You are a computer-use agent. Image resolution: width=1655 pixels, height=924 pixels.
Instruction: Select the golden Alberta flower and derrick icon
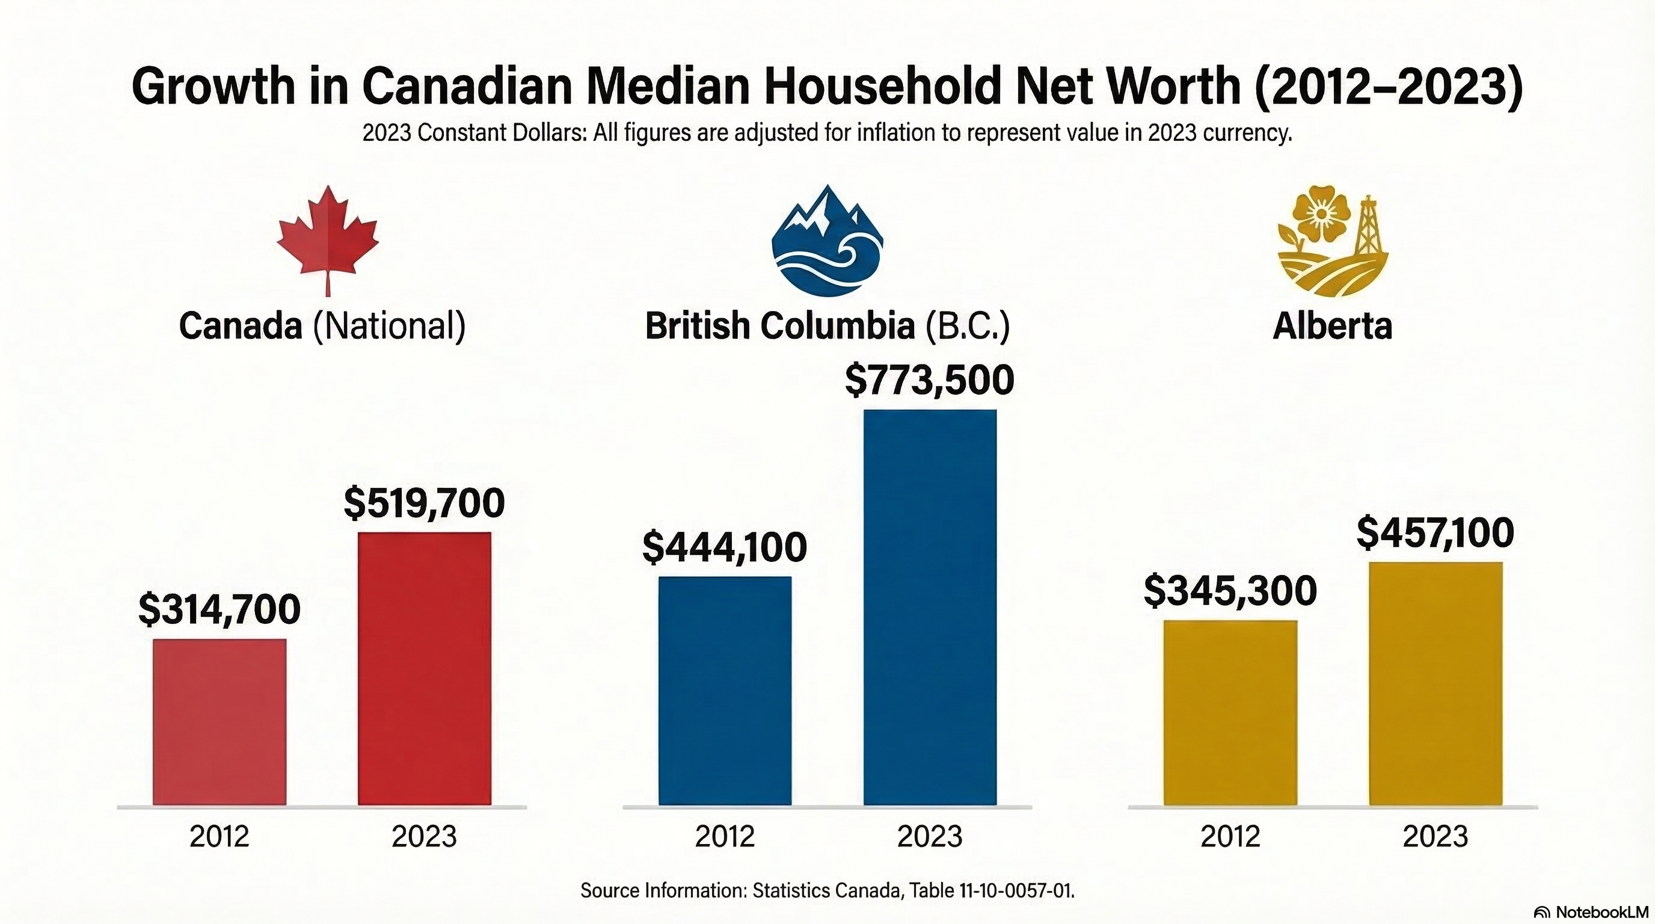[1333, 242]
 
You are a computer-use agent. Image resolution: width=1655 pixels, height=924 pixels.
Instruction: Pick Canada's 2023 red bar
[424, 668]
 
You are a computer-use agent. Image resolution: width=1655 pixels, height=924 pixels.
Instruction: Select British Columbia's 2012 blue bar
[725, 690]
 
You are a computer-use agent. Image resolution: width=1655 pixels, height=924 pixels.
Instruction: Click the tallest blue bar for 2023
[930, 606]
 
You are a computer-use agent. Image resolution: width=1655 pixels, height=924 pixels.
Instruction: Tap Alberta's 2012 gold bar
[1230, 712]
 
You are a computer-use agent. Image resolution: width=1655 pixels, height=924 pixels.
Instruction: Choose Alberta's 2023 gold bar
[1435, 683]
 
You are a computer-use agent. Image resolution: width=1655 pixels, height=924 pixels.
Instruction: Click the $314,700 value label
[220, 609]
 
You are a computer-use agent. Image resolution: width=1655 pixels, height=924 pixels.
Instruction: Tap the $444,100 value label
[725, 547]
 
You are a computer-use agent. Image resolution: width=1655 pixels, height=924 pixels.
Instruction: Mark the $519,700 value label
[424, 502]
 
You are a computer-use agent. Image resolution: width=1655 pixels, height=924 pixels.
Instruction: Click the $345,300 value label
[1230, 591]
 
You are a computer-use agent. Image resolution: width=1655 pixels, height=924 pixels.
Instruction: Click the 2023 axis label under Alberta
[1435, 836]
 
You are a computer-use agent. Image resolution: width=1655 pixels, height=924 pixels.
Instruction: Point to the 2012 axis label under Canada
[220, 836]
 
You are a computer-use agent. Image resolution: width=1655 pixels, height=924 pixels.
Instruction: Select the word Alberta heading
[1333, 326]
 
